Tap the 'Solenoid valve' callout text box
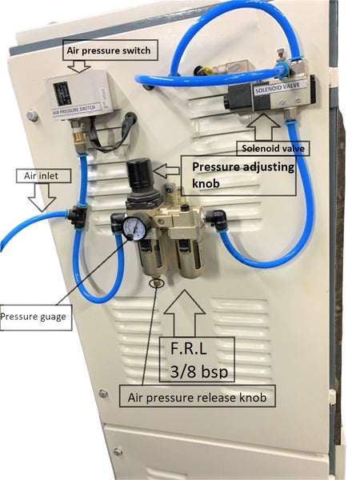tap(273, 149)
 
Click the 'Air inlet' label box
tap(43, 176)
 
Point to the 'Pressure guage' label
tap(35, 317)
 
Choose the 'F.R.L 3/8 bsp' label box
tap(197, 360)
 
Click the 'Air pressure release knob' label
tap(197, 398)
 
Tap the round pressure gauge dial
tap(134, 228)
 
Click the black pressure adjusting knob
tap(141, 174)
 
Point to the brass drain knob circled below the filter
tap(157, 281)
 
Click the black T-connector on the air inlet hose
tap(78, 216)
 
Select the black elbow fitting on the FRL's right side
tap(217, 218)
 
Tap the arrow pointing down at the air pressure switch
tap(79, 66)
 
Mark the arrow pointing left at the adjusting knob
tap(166, 171)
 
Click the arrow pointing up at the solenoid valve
tap(263, 127)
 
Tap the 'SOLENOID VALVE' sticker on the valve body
tap(278, 87)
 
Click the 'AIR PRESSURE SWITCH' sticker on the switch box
tap(77, 110)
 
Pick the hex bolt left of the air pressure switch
tap(33, 115)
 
